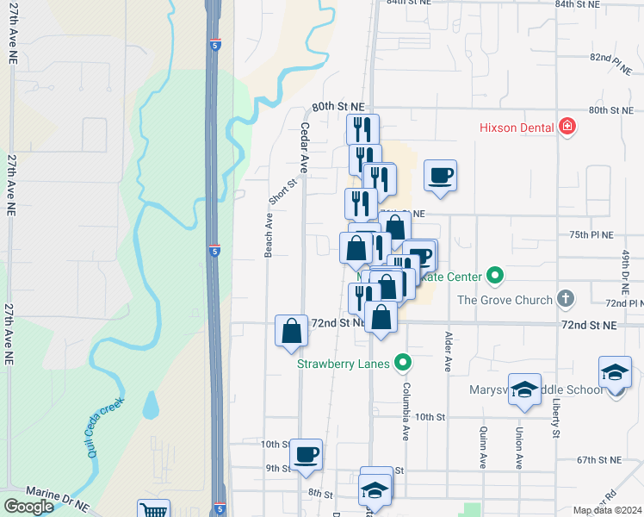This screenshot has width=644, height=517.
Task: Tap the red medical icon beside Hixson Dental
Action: coord(567,128)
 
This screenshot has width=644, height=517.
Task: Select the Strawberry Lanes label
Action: coord(344,363)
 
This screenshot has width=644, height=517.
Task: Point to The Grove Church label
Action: coord(505,300)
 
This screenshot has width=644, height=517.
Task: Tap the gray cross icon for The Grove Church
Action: coord(565,299)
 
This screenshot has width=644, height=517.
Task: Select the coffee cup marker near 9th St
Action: coord(306,454)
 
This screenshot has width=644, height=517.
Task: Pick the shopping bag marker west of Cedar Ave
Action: coord(291,331)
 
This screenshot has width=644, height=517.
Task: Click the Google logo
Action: coord(29,507)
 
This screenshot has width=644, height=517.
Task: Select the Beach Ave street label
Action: coord(269,236)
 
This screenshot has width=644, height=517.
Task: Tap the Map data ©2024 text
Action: coord(608,510)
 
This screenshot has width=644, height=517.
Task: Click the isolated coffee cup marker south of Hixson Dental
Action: coord(441,176)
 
